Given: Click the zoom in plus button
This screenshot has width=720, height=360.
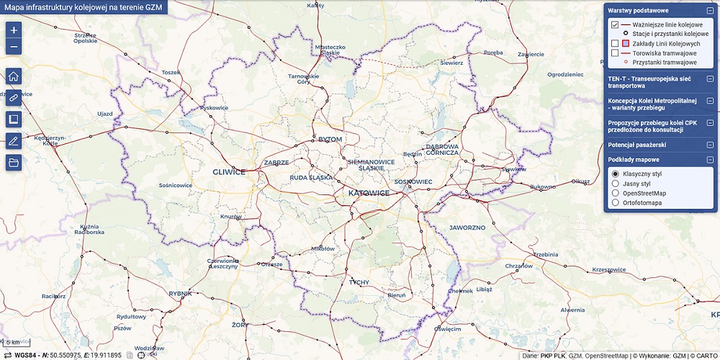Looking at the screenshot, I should coord(14,30).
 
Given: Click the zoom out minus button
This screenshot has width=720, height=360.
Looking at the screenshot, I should coord(14,48).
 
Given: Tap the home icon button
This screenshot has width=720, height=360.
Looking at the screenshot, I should coord(14,77).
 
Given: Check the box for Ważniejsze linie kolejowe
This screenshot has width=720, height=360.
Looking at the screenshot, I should coord(615,24).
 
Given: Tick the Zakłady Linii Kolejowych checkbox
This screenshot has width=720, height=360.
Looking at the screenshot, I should coord(615,43).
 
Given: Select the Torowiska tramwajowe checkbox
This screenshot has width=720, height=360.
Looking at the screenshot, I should coord(615,53).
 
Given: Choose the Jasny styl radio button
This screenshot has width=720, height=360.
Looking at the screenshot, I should coord(615,184).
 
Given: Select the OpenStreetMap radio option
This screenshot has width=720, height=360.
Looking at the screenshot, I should coord(615,193).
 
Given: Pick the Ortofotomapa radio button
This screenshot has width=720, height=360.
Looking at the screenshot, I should coord(615,203).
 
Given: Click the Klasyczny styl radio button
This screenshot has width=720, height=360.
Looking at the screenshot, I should coord(615,174).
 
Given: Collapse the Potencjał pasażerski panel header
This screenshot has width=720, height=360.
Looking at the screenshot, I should coord(709,145).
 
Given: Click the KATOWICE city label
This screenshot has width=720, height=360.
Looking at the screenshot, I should coord(368,194).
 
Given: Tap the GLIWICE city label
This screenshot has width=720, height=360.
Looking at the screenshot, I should coord(229,172).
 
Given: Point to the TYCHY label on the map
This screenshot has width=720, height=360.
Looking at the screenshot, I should coord(358,282).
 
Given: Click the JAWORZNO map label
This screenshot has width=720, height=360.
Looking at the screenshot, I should coord(467,227).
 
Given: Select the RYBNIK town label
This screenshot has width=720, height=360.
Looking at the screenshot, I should coord(180,293).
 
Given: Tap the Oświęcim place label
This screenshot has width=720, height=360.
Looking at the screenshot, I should coord(446,329).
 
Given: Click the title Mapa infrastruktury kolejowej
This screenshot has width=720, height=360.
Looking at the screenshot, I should coord(83,6).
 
